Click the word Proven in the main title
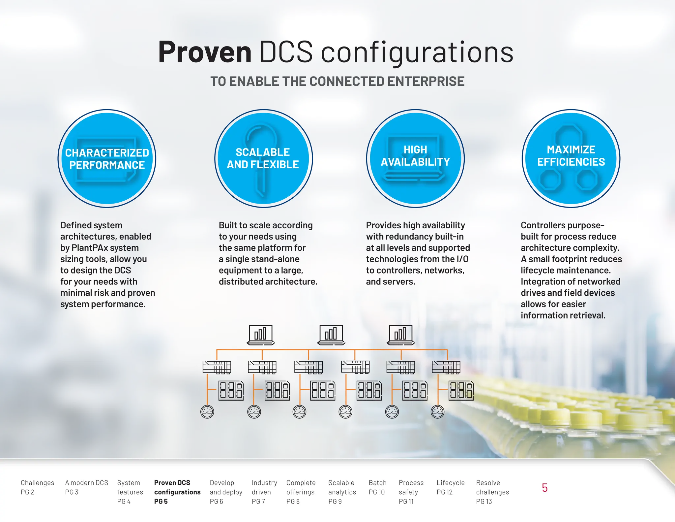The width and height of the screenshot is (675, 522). pos(205,52)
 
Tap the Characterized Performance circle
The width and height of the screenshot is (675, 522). pos(107,159)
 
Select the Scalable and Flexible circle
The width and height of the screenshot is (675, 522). pos(263,159)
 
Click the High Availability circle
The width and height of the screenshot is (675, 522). pos(415,159)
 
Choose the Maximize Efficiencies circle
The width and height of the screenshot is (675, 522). pos(571,159)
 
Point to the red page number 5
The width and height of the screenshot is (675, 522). pos(544,488)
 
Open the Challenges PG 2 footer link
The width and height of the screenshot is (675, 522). pos(37,487)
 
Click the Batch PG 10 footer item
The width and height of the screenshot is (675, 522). pos(377,487)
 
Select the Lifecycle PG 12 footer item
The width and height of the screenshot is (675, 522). pos(450,487)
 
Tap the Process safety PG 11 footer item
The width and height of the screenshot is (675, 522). pos(411,492)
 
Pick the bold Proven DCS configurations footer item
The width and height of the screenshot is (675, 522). pos(177,492)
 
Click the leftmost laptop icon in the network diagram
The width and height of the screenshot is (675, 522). pos(260,335)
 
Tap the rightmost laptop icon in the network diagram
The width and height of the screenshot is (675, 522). pos(400,335)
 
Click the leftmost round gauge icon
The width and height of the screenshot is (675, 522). pos(207,411)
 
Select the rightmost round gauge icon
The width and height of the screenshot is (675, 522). pos(438,411)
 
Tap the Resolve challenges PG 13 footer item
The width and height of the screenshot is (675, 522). pos(492,492)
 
